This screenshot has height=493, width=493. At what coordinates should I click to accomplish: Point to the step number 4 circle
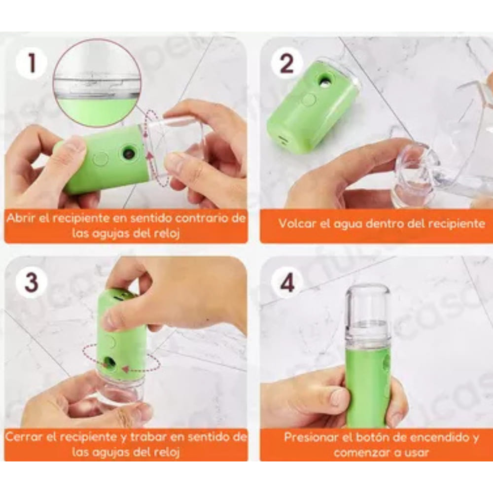click(x=287, y=283)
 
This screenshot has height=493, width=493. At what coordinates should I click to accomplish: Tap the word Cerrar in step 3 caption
click(x=23, y=436)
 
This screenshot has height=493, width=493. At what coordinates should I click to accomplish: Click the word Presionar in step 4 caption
click(x=310, y=437)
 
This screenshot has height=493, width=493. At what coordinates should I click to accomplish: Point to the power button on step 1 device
click(x=101, y=159)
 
